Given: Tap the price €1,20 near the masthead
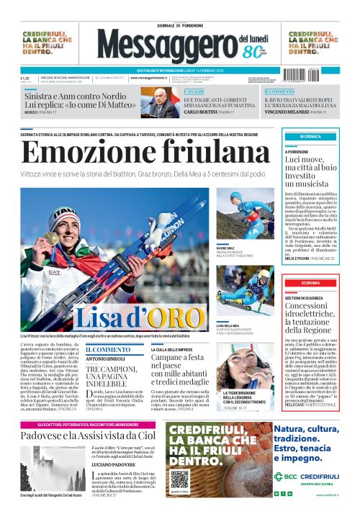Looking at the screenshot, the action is pyautogui.click(x=24, y=78).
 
